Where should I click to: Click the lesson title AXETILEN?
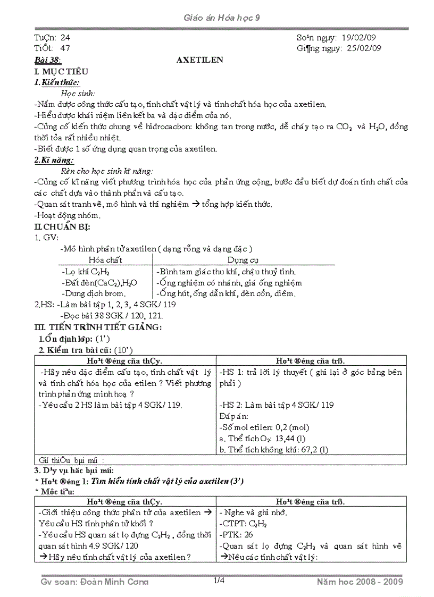point(200,60)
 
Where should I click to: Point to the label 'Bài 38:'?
point(47,60)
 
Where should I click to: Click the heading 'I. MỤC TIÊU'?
point(61,71)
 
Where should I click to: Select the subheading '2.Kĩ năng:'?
point(54,160)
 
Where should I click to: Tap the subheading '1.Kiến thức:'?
point(57,82)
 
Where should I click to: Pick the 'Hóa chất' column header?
point(105,260)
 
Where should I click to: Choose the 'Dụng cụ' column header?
point(243,260)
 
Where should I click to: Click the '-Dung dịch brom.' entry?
point(94,293)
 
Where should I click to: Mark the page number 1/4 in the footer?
point(219,581)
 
